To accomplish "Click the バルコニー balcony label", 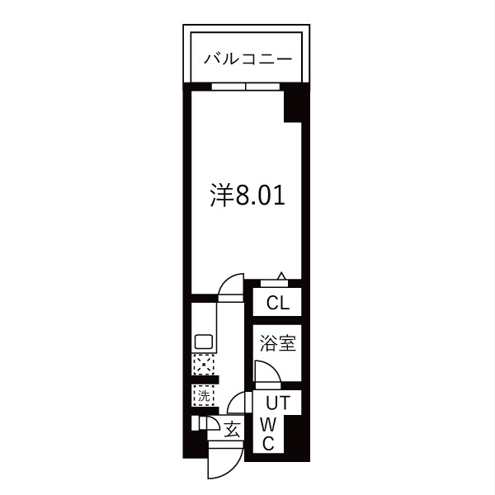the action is pos(247,59).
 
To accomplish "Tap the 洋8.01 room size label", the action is pos(247,196).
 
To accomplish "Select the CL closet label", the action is pos(278,303).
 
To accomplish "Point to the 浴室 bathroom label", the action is pos(278,343).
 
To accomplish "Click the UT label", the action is pos(278,403).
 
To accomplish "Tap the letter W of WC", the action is pos(268,425).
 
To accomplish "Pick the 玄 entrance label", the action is pos(233,430).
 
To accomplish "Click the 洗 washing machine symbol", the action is pos(204,395).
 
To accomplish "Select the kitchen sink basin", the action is pos(204,342).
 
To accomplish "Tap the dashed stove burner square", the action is pos(204,365).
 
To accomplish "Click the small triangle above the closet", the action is pos(281,276).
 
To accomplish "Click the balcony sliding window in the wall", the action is pos(246,87).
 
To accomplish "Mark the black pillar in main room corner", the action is pos(293,106).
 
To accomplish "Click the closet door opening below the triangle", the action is pos(274,284).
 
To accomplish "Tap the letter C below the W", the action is pos(268,444).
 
